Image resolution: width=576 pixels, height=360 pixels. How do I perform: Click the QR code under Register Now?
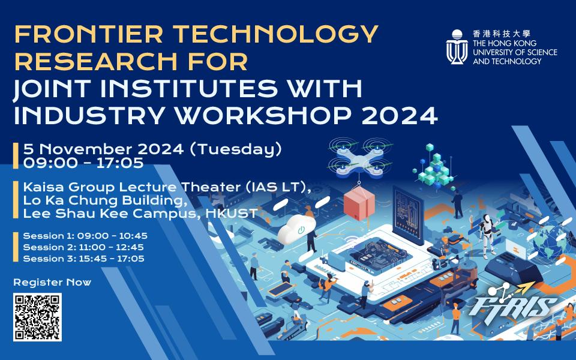[37, 318]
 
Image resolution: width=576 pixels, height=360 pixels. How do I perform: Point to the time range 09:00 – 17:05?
[83, 162]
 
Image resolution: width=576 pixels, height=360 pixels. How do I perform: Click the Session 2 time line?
[85, 247]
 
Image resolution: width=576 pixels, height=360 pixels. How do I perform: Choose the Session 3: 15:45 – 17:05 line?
[85, 259]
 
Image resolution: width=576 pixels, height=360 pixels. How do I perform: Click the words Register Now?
[52, 281]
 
